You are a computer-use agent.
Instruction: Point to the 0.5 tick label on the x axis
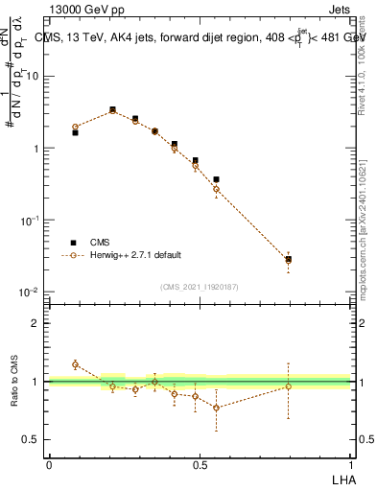(x=200, y=464)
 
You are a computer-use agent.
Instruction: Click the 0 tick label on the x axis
(x=49, y=464)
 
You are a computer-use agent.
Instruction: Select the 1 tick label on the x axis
(x=351, y=464)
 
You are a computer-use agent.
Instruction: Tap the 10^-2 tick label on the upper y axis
(x=31, y=292)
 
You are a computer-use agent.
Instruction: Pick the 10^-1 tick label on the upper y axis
(x=31, y=220)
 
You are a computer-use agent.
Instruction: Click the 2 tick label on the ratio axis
(x=37, y=323)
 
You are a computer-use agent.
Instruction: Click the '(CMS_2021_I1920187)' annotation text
(x=199, y=286)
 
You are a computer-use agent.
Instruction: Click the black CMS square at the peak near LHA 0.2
(x=112, y=110)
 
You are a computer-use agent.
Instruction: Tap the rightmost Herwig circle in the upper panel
(x=288, y=260)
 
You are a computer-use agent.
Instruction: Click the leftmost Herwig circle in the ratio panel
(x=76, y=364)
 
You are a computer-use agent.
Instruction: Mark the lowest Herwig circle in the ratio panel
(x=217, y=408)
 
